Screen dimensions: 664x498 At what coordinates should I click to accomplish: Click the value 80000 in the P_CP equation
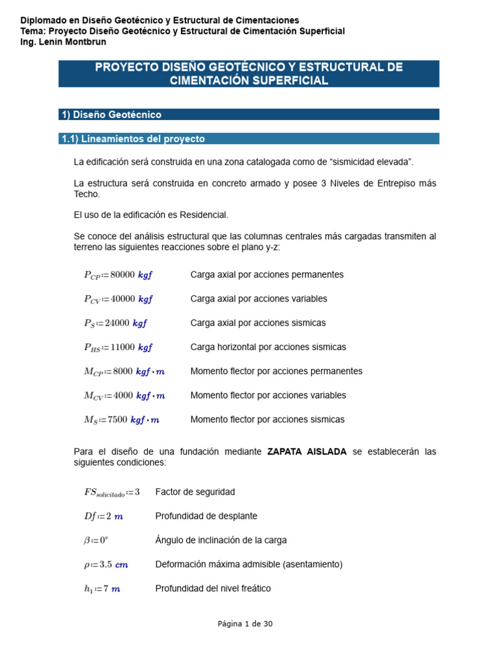point(123,274)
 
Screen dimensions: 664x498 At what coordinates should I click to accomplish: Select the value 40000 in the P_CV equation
point(123,299)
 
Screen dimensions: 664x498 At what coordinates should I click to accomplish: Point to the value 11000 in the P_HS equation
point(123,347)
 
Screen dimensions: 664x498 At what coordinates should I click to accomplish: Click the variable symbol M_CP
point(93,372)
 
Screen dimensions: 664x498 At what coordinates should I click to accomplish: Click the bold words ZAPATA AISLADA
point(307,451)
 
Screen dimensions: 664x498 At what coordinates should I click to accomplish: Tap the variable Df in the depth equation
point(89,516)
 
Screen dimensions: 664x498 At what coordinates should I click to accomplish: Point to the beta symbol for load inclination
point(86,540)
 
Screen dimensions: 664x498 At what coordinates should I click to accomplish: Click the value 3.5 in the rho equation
point(104,564)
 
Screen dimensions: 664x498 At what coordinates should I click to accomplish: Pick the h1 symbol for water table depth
point(88,589)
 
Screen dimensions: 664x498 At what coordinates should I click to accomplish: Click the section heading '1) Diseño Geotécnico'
point(112,115)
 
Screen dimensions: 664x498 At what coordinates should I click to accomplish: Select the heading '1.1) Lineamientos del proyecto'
point(133,139)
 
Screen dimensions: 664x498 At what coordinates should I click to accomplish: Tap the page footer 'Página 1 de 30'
point(245,624)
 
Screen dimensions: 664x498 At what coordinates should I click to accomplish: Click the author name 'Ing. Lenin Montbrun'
point(64,42)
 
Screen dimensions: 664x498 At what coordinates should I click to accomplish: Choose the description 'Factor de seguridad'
point(195,492)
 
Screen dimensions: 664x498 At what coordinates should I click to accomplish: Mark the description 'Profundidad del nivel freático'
point(213,589)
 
